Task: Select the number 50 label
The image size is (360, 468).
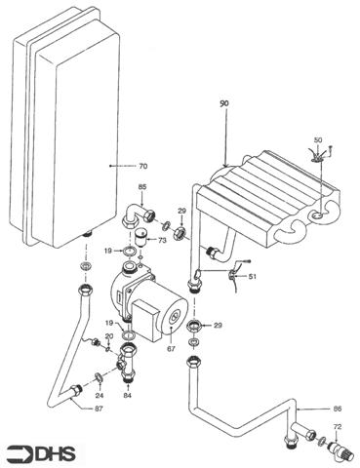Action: point(317,141)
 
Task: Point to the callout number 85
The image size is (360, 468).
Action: point(142,187)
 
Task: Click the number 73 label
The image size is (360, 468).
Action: point(162,240)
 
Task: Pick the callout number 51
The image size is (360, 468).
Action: point(254,277)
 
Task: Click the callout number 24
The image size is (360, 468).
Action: point(100,396)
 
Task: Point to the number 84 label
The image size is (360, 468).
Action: point(128,396)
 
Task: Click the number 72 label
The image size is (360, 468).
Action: point(338,428)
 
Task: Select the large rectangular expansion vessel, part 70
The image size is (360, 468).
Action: point(63,136)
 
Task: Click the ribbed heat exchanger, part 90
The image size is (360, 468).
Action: point(263,200)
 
